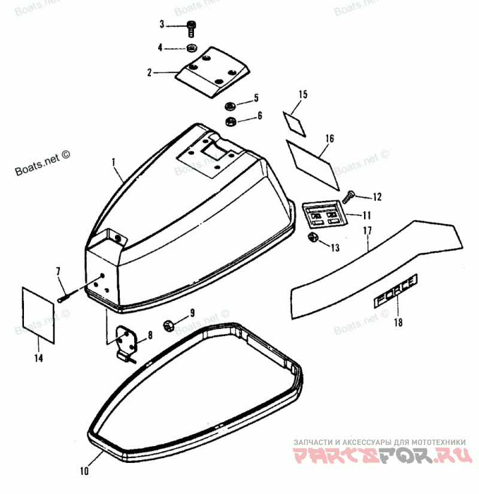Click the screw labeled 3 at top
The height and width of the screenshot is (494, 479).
pyautogui.click(x=191, y=28)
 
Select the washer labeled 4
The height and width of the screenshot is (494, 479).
pyautogui.click(x=192, y=47)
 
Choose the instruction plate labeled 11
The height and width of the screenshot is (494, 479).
pyautogui.click(x=323, y=214)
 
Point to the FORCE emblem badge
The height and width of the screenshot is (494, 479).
pyautogui.click(x=395, y=291)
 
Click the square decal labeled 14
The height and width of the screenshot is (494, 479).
pyautogui.click(x=38, y=309)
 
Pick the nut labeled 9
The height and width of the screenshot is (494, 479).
pyautogui.click(x=169, y=325)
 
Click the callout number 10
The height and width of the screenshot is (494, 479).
pyautogui.click(x=84, y=471)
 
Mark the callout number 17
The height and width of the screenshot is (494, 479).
pyautogui.click(x=367, y=230)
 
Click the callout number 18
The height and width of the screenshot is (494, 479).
pyautogui.click(x=398, y=323)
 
